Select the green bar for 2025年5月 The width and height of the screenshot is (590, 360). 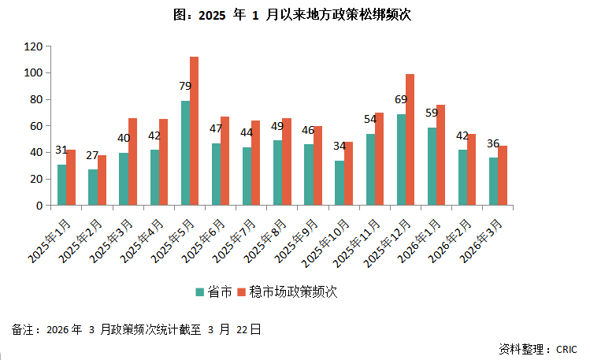coord(185,153)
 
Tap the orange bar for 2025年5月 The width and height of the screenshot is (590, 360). coord(194,131)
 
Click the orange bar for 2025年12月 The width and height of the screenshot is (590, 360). coord(410,139)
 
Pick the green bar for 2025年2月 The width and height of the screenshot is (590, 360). coord(93,187)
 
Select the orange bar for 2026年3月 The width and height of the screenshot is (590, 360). coord(503,176)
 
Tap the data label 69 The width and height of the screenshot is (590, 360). coord(400,100)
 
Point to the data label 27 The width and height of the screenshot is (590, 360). coord(92,155)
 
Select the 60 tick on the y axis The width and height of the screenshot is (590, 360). coord(35,126)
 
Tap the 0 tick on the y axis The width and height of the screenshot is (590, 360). coord(39,206)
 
